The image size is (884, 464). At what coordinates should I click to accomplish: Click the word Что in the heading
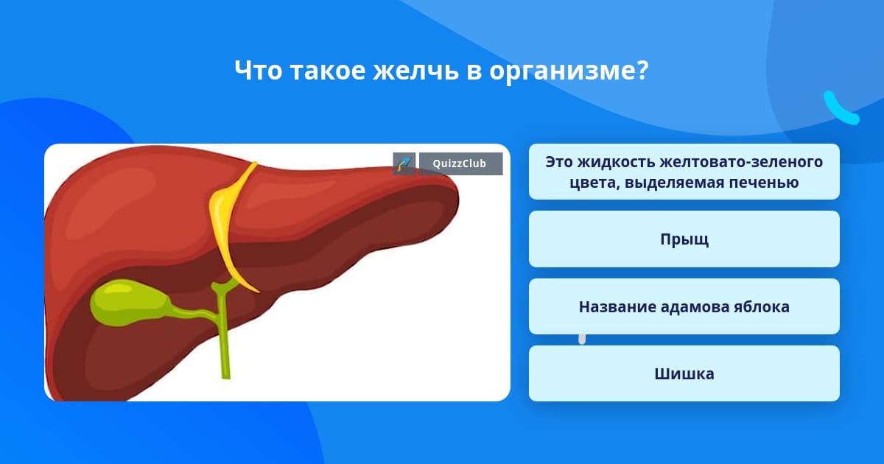click(x=259, y=70)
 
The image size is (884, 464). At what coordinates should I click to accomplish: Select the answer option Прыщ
click(x=684, y=239)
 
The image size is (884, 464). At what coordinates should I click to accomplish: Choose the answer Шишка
click(x=684, y=373)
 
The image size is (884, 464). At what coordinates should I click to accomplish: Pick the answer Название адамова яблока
click(x=684, y=306)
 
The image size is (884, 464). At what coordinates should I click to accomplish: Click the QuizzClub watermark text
click(x=460, y=164)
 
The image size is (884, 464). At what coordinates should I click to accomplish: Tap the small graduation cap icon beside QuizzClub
click(x=404, y=164)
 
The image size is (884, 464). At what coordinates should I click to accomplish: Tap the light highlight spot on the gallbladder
click(x=119, y=289)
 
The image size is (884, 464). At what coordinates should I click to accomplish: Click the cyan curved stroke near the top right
click(x=841, y=109)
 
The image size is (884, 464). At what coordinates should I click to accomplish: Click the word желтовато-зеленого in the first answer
click(x=741, y=162)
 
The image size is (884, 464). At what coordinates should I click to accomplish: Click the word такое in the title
click(x=328, y=71)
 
